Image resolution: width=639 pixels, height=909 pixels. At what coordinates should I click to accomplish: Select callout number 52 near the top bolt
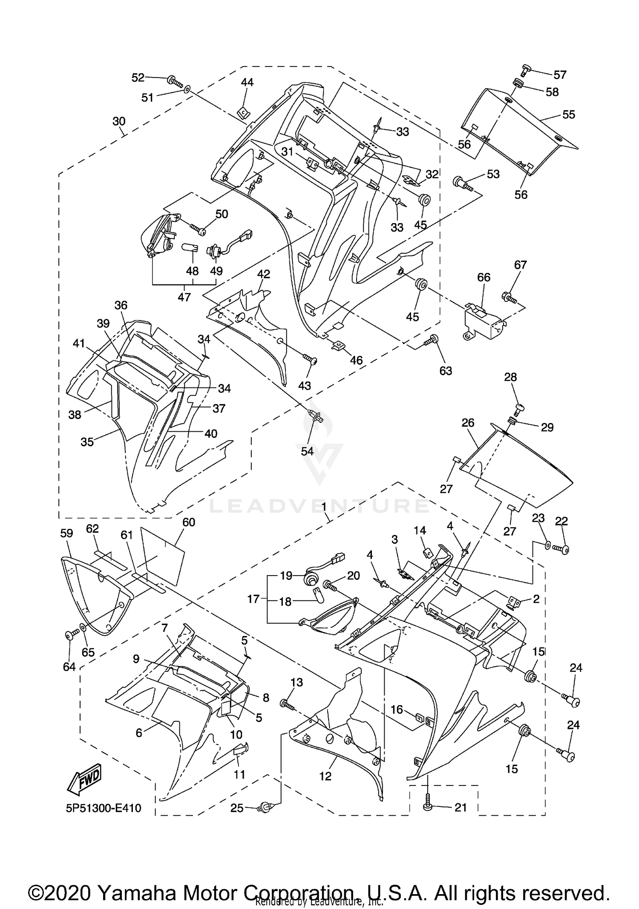tap(138, 77)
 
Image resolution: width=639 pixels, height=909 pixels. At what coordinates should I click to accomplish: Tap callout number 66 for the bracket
tap(484, 278)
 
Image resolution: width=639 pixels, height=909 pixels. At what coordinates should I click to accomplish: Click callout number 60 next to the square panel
tap(188, 522)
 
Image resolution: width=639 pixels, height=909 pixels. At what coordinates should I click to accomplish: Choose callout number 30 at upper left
tap(119, 121)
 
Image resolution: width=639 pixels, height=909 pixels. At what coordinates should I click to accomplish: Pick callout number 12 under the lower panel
tap(325, 776)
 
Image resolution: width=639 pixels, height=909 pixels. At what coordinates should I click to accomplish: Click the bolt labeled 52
tap(174, 80)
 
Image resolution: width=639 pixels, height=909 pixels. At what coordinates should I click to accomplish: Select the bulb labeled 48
tap(190, 248)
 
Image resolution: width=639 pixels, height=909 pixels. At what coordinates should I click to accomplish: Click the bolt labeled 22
tap(562, 550)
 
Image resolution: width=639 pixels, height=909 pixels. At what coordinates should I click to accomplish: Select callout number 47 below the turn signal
tap(184, 297)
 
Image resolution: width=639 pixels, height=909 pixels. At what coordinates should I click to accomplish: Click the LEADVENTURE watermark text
tap(319, 506)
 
